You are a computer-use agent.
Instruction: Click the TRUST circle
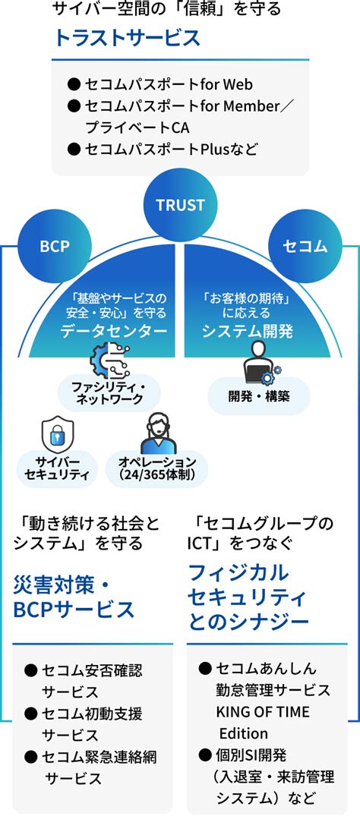[180, 204]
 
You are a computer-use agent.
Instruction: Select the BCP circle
[55, 246]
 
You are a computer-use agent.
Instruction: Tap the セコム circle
[305, 246]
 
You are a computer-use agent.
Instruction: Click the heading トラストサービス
[128, 39]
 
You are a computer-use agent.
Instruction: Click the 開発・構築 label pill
[258, 396]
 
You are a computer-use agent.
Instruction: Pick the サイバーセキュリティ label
[57, 468]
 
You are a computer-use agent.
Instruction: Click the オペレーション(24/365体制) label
[156, 468]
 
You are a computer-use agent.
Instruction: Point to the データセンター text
[114, 332]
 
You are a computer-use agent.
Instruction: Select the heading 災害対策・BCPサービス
[73, 598]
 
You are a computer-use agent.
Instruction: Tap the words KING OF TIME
[263, 712]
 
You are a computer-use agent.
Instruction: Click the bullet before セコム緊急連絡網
[30, 755]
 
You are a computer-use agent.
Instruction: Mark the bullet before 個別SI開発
[205, 754]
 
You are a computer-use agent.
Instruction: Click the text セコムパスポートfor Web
[169, 83]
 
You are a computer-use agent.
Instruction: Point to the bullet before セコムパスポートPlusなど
[74, 150]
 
